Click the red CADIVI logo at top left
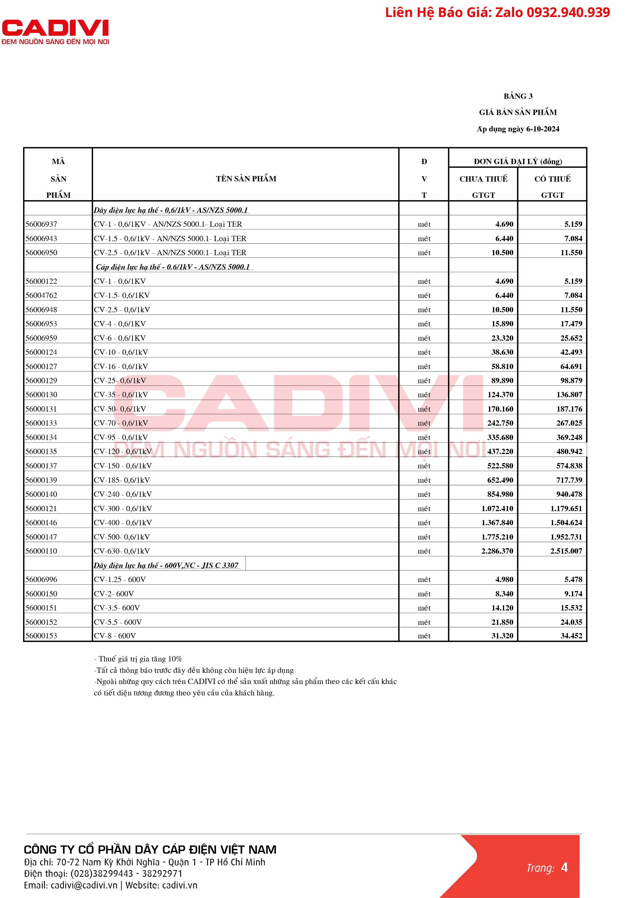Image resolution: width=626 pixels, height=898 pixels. coord(55,32)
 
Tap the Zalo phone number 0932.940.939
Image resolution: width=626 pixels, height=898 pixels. coord(568,12)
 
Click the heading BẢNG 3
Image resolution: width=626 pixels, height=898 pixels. coord(518,96)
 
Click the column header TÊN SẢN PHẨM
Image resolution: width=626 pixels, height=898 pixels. coord(246,179)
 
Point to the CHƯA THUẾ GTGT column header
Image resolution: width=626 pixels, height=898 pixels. coord(483,187)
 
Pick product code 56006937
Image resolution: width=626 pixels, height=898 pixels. coord(41,224)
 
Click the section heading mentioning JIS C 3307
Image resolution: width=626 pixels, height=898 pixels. coord(166,565)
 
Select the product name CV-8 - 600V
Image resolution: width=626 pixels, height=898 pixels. coord(115,636)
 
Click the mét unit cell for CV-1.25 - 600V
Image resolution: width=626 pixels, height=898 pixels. coord(424,580)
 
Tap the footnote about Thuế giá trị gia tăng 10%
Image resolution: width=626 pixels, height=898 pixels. coord(138,659)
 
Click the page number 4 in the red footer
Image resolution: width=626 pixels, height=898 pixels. coord(564,867)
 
